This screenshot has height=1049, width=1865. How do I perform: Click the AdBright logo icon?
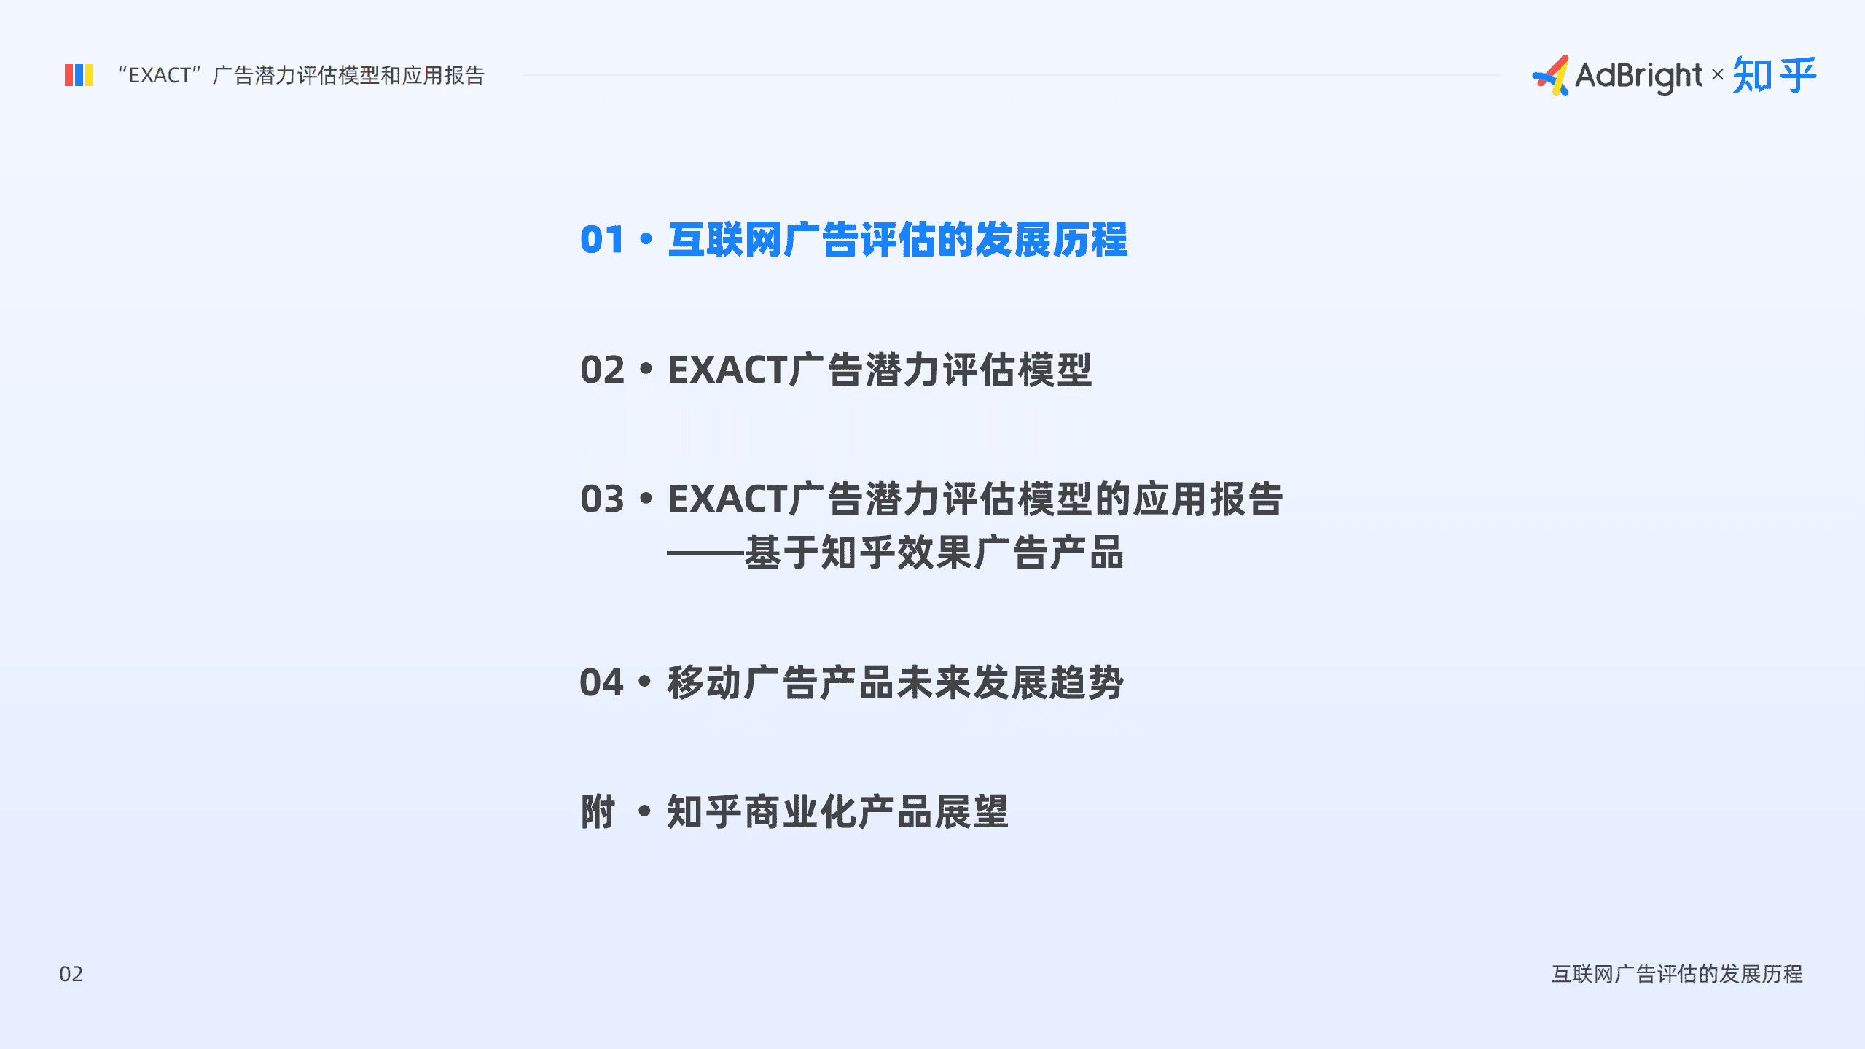click(x=1551, y=75)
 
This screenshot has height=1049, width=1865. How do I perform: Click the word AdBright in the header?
click(x=1638, y=76)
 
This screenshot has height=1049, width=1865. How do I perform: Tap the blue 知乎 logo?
click(x=1774, y=75)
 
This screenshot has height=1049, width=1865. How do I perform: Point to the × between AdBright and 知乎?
click(x=1717, y=74)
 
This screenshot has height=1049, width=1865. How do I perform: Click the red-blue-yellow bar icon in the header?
click(x=79, y=75)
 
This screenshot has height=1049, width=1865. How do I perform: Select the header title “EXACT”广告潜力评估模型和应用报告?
click(x=300, y=75)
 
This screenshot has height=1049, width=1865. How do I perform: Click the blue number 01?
click(x=602, y=240)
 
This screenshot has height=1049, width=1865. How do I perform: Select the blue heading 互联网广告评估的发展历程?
click(x=898, y=240)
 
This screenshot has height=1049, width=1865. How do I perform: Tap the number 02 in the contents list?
click(x=602, y=370)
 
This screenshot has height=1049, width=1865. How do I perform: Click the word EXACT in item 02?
click(x=727, y=370)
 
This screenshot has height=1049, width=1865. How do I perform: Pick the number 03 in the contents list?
click(x=602, y=499)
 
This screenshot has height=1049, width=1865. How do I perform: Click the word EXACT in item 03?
click(x=727, y=499)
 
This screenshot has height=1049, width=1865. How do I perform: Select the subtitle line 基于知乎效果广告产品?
click(x=933, y=553)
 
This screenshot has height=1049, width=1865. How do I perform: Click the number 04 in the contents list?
click(x=602, y=683)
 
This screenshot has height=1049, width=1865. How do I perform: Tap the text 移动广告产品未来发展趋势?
click(x=895, y=683)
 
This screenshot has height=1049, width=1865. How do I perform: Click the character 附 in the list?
click(x=598, y=812)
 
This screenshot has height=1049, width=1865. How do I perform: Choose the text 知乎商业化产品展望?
click(x=838, y=812)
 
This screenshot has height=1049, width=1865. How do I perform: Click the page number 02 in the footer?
click(x=71, y=974)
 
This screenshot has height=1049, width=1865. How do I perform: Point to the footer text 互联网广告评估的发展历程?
click(x=1676, y=974)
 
